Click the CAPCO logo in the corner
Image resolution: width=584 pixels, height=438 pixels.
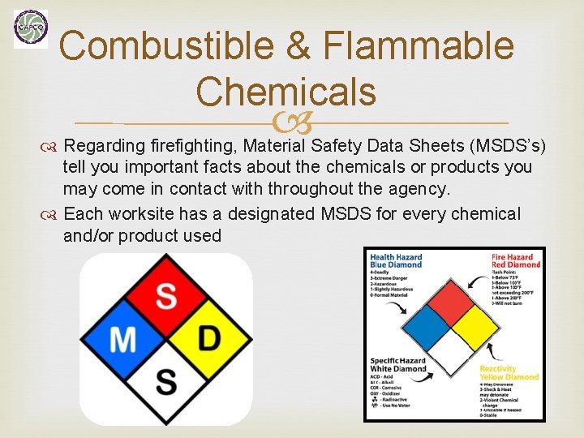[31, 28]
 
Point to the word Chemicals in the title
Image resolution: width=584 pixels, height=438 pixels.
[286, 91]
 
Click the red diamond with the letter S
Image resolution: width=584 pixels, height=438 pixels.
[165, 296]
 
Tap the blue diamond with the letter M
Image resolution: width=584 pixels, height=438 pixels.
[123, 338]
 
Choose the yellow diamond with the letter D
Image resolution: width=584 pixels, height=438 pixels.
[208, 338]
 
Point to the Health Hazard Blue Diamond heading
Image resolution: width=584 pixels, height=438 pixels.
[396, 260]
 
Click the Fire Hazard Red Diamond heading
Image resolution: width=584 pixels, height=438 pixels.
[514, 260]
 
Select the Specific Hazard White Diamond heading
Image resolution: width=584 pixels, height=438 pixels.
[398, 364]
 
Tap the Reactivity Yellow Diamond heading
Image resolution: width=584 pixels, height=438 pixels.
[509, 372]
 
